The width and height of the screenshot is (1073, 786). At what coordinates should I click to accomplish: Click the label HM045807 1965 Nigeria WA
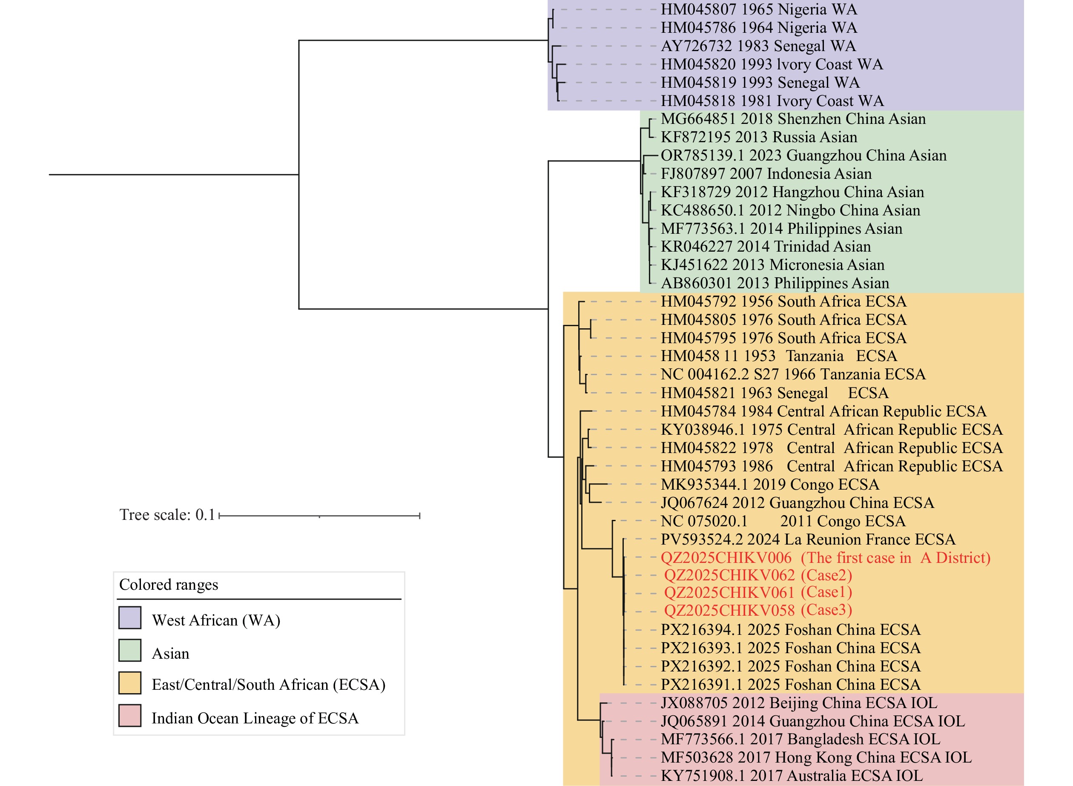(x=758, y=9)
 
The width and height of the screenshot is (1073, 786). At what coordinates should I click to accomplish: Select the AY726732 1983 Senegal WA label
(x=758, y=46)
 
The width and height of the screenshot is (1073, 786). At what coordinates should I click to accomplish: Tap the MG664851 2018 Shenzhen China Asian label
(x=793, y=119)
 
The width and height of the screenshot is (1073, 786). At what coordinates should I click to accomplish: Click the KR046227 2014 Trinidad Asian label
(x=766, y=247)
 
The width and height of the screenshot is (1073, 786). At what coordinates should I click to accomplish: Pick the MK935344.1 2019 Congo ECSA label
(x=769, y=485)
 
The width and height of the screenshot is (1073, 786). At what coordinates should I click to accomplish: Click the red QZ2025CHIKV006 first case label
(x=825, y=558)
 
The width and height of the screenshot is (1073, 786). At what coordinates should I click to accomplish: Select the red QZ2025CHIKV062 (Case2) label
(x=757, y=575)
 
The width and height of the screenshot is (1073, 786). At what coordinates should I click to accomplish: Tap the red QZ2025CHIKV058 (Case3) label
(x=757, y=611)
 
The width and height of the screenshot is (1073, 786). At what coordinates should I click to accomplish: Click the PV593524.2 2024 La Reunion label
(x=807, y=539)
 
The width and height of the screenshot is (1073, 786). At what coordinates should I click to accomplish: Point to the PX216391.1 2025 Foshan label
(x=790, y=685)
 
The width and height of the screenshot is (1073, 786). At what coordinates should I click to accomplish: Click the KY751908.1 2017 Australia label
(x=791, y=775)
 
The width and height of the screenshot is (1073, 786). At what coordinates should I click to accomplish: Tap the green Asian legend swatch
(x=129, y=651)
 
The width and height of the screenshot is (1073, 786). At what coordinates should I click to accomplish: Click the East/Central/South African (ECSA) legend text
(x=268, y=685)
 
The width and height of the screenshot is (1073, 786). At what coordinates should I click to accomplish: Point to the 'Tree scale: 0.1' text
(x=167, y=515)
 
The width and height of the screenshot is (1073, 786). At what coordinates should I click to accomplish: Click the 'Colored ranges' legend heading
(x=169, y=585)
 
